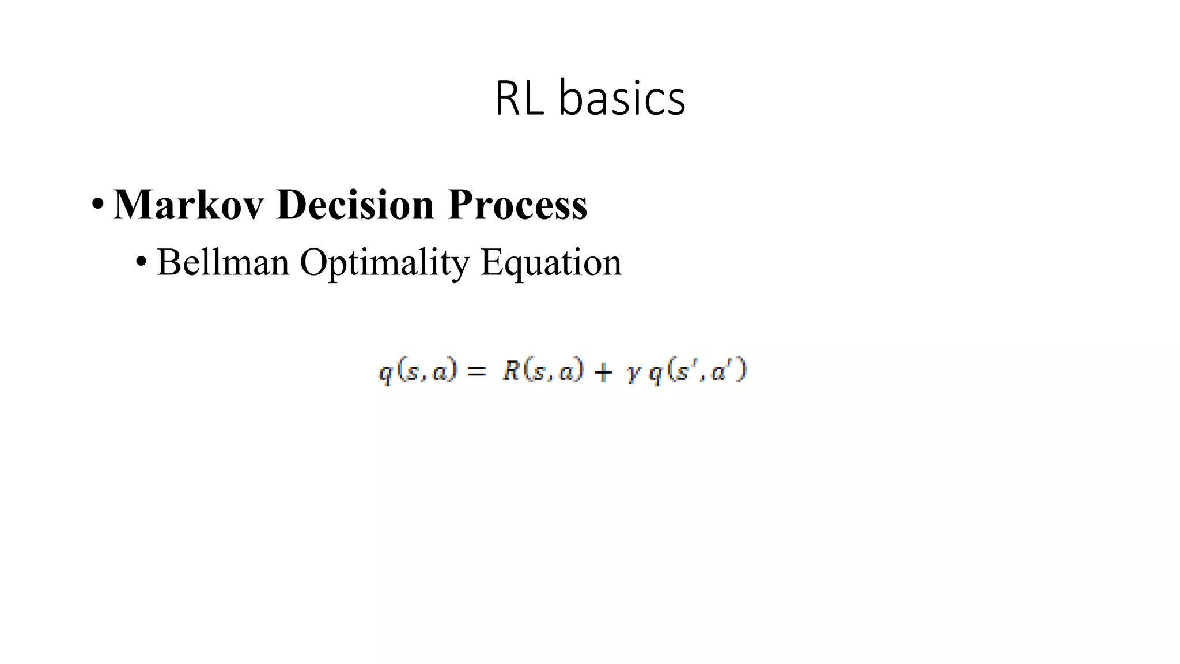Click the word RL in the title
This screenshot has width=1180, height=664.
click(519, 99)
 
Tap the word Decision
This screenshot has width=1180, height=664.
click(355, 204)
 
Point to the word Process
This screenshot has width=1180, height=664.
click(517, 204)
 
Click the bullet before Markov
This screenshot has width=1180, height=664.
click(97, 205)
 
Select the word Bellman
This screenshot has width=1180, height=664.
click(223, 262)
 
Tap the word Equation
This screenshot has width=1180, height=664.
click(551, 262)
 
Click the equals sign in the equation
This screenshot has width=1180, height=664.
click(476, 372)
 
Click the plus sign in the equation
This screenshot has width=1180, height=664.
click(603, 372)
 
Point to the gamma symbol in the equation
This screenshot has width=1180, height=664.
click(633, 373)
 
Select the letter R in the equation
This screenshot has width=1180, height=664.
click(511, 370)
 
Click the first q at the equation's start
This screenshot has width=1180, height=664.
click(385, 373)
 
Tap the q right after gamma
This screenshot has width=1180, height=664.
click(656, 373)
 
